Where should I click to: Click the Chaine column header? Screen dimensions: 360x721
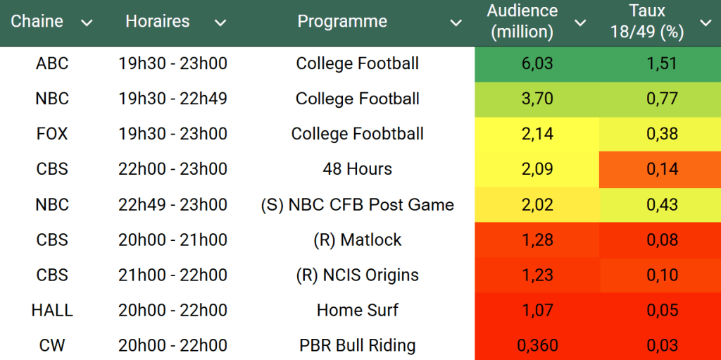click(37, 22)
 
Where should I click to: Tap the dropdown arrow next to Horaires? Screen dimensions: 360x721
click(220, 23)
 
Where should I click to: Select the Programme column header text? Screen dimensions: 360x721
click(342, 22)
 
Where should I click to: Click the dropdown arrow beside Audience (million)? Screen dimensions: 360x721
click(580, 23)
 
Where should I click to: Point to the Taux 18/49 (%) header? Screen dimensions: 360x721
click(648, 21)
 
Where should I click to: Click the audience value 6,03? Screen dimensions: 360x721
click(537, 63)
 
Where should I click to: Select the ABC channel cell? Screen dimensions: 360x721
click(52, 63)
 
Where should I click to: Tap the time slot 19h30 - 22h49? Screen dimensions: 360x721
click(173, 99)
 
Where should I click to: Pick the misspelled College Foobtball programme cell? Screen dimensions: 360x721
click(357, 134)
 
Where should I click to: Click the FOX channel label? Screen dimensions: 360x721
click(52, 134)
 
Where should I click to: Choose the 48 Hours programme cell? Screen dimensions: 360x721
click(357, 169)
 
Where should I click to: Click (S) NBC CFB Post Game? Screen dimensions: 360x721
click(357, 205)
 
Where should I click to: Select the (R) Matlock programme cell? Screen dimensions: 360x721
click(357, 240)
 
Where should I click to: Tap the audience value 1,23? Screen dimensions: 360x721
click(537, 275)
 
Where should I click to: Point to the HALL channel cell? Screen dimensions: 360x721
click(52, 311)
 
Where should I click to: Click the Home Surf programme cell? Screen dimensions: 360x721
click(357, 311)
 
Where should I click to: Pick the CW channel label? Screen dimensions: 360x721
click(52, 346)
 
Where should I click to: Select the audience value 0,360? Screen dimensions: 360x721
click(537, 346)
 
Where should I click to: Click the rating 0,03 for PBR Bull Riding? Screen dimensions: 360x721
click(662, 346)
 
